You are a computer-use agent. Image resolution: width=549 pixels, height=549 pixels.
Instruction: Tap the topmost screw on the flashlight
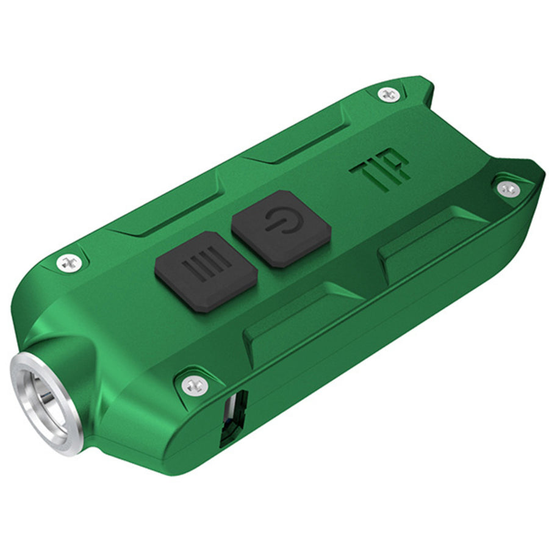(x=388, y=94)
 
